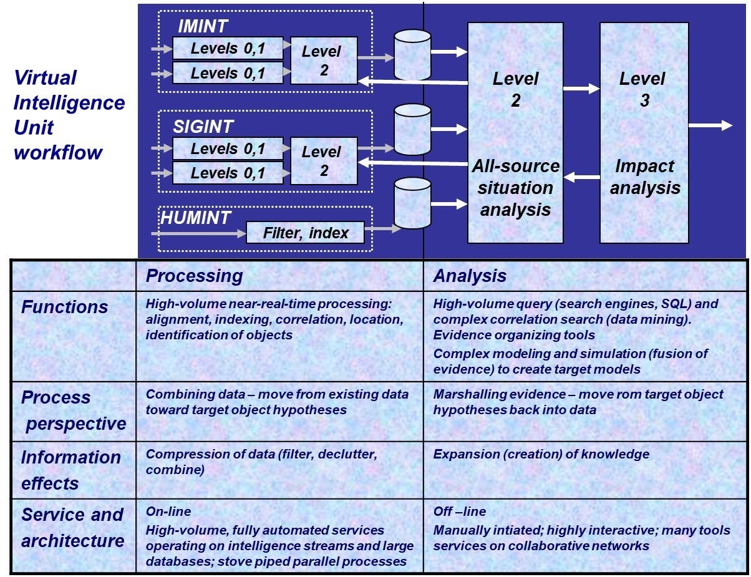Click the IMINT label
[203, 26]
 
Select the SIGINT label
[203, 127]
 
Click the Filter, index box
[305, 233]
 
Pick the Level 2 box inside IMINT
[323, 61]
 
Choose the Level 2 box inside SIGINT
[323, 161]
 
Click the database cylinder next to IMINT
[412, 55]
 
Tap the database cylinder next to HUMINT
[412, 203]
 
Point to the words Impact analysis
[644, 177]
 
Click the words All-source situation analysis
[515, 187]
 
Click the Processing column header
[194, 276]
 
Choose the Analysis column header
[470, 276]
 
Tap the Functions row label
[64, 307]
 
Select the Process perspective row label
[73, 410]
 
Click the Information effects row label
[70, 470]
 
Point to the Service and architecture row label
[72, 528]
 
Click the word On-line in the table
[168, 512]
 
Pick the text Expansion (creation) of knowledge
[541, 454]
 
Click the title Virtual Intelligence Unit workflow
[69, 115]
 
